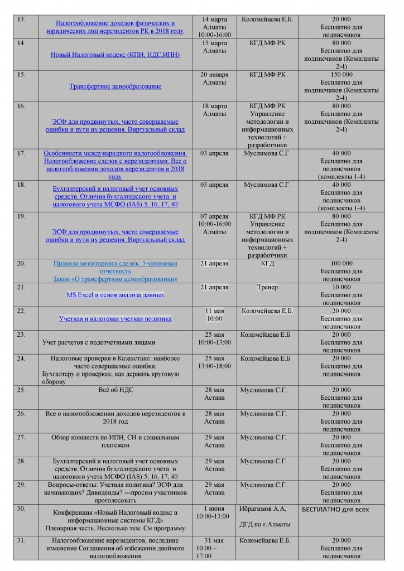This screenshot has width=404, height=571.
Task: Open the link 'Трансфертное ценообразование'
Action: (115, 86)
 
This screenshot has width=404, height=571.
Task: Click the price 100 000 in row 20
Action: (341, 263)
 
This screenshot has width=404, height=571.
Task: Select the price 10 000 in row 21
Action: (341, 287)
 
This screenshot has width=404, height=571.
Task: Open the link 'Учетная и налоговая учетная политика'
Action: (115, 319)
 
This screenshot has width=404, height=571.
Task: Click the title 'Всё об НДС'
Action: (115, 390)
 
